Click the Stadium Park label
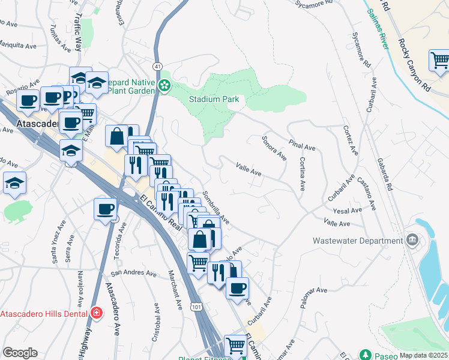click(214, 99)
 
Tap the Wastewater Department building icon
click(412, 241)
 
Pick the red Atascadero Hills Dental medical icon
click(96, 313)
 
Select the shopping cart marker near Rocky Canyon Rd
click(440, 61)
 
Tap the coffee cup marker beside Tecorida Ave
click(106, 210)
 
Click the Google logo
click(20, 353)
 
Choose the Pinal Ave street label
click(302, 145)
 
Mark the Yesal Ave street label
click(348, 211)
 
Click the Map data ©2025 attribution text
click(423, 355)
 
